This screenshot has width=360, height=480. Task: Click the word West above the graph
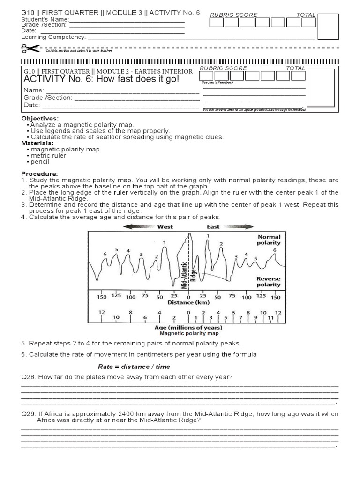pyautogui.click(x=165, y=227)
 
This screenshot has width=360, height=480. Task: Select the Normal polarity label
pyautogui.click(x=269, y=240)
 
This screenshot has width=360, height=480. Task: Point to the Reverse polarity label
pyautogui.click(x=269, y=281)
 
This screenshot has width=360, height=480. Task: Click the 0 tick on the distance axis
pyautogui.click(x=188, y=297)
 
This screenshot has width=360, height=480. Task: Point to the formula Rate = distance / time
pyautogui.click(x=134, y=367)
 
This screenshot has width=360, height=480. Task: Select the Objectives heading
pyautogui.click(x=40, y=119)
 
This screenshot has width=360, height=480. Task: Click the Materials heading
pyautogui.click(x=37, y=143)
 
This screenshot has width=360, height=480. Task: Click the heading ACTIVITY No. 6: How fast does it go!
pyautogui.click(x=101, y=79)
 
